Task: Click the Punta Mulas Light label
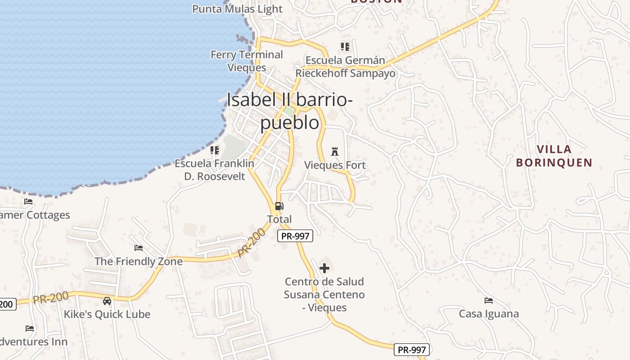(x=237, y=9)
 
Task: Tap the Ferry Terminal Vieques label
(x=247, y=61)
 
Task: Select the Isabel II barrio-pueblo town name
(x=289, y=111)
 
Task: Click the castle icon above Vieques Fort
(x=334, y=151)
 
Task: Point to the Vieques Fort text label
(x=335, y=165)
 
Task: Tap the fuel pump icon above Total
(x=279, y=206)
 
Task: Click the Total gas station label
(x=279, y=219)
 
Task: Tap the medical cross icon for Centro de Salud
(x=324, y=269)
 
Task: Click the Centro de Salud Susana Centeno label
(x=324, y=294)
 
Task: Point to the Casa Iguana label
(x=489, y=314)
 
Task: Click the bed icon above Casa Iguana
(x=488, y=300)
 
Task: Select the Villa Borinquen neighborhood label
(x=554, y=156)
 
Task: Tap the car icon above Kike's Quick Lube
(x=107, y=301)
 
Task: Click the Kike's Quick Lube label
(x=107, y=314)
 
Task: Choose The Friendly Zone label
(x=139, y=261)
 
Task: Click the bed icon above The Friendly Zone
(x=139, y=248)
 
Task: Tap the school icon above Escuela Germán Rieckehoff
(x=345, y=46)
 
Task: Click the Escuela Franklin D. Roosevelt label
(x=215, y=170)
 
